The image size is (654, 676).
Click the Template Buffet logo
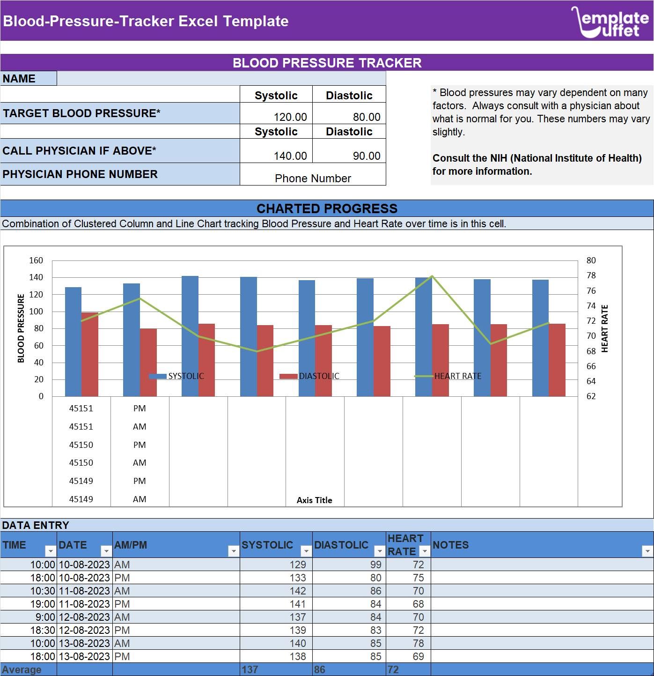point(610,22)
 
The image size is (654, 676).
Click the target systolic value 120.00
point(290,117)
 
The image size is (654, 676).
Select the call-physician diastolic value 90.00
point(366,156)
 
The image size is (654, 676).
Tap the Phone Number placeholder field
point(313,178)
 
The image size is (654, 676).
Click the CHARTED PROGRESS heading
point(327,208)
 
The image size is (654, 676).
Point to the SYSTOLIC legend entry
point(177,376)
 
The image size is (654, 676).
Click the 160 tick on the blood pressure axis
point(36,260)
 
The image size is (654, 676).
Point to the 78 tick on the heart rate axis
point(591,275)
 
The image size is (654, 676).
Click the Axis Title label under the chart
point(314,500)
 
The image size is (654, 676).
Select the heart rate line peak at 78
point(432,276)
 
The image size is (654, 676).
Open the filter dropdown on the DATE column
point(106,551)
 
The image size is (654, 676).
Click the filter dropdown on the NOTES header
point(647,551)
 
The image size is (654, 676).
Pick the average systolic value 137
point(250,669)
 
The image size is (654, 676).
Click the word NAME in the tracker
point(19,79)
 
